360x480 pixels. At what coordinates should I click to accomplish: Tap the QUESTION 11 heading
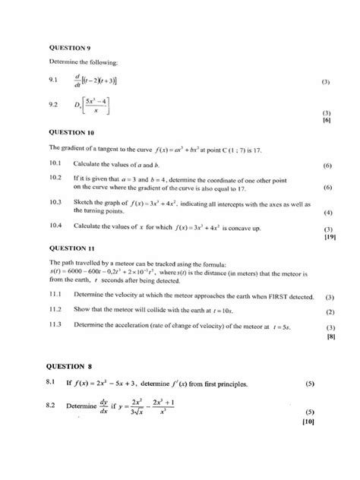point(71,248)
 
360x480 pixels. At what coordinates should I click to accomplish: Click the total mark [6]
point(327,121)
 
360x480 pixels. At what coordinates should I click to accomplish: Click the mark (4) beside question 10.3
point(328,213)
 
